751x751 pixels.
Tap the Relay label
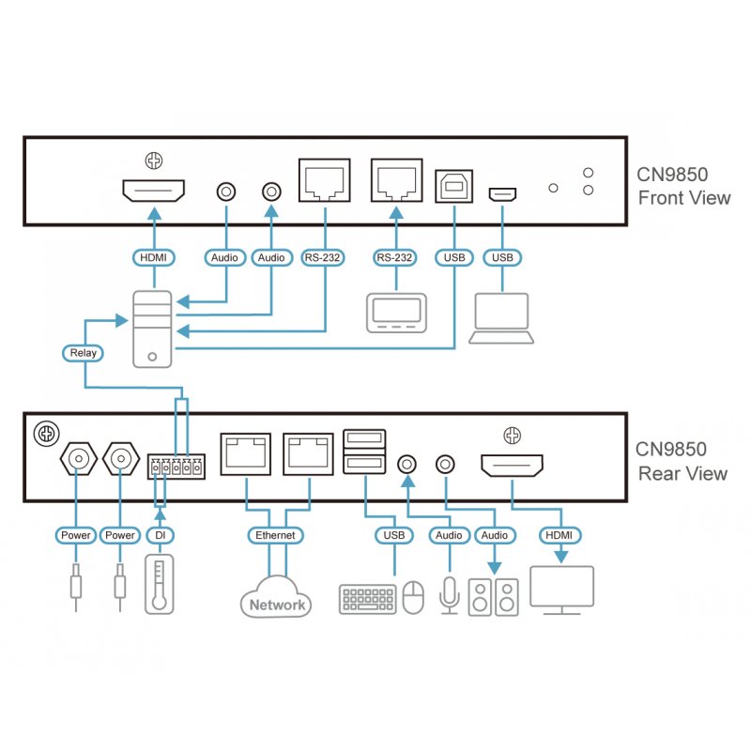[84, 353]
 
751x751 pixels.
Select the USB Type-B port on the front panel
[455, 185]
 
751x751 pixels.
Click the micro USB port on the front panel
[501, 194]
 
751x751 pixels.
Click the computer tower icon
[152, 328]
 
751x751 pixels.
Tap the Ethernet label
[276, 535]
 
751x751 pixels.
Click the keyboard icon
[367, 599]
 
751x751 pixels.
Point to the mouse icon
[413, 597]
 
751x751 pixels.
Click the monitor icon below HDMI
[561, 590]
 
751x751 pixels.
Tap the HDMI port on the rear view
[512, 464]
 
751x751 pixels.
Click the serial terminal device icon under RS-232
[394, 313]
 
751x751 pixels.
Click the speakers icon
[493, 597]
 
